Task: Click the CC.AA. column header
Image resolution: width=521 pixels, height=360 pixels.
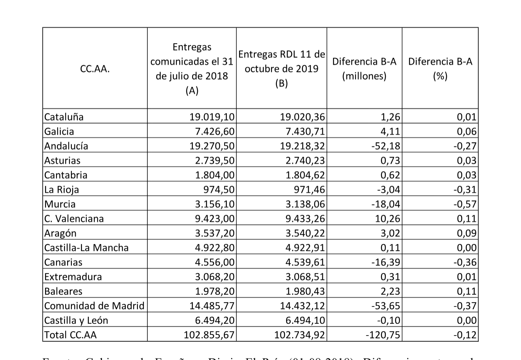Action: point(95,69)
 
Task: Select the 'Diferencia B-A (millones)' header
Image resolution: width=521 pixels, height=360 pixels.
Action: point(364,69)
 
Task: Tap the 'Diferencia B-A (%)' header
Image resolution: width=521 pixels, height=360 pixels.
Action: point(440,69)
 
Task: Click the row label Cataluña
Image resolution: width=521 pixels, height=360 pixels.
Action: point(64,117)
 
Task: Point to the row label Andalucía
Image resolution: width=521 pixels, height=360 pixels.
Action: point(66,146)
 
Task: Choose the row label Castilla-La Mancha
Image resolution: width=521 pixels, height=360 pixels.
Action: point(86,248)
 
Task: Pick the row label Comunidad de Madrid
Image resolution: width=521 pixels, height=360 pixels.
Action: point(94,306)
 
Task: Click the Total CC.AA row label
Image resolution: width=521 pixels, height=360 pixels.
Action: point(70,335)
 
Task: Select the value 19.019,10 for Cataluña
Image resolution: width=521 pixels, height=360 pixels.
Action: point(212,117)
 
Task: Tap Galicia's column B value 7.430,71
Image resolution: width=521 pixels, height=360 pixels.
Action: point(305,131)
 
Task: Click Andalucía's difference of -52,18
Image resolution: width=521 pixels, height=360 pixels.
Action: point(386,146)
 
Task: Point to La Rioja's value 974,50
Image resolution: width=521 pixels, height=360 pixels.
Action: point(219,190)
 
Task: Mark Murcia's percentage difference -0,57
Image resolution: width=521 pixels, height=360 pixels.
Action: point(465,204)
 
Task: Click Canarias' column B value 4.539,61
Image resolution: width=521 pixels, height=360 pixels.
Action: point(305,262)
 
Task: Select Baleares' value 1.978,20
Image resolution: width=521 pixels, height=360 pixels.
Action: point(215,291)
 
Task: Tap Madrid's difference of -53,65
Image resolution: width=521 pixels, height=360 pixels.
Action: point(386,306)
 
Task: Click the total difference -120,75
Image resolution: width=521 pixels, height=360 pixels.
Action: point(383,335)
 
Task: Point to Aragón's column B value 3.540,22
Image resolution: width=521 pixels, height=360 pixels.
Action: point(305,233)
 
